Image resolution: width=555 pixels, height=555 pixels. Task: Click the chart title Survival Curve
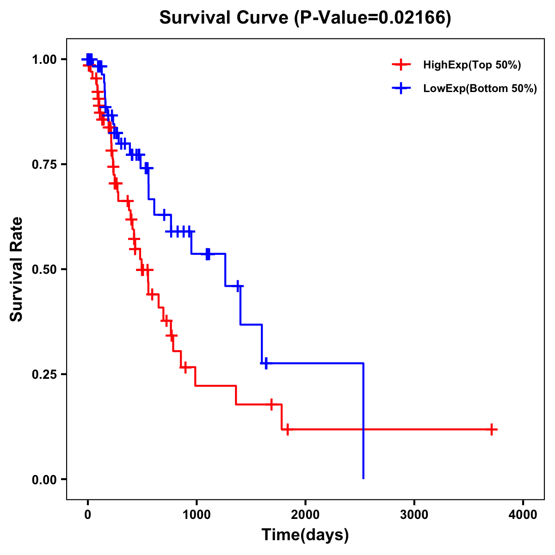(225, 18)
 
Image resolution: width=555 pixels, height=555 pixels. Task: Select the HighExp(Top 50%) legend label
(472, 65)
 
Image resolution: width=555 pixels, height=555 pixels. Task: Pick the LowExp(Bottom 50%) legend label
(480, 89)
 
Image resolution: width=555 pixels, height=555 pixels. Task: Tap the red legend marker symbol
(401, 65)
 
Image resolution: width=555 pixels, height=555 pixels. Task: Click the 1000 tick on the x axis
(196, 515)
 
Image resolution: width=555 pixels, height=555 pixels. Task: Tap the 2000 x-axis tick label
(305, 515)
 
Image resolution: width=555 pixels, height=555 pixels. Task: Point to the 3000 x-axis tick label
(414, 515)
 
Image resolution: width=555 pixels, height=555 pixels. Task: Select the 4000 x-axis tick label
(523, 515)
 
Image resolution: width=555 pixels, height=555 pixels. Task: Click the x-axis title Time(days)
(305, 535)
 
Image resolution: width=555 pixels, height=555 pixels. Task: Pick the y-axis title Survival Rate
(17, 269)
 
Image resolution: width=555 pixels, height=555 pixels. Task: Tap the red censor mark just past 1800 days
(287, 429)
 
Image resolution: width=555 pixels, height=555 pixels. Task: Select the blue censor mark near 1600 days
(265, 364)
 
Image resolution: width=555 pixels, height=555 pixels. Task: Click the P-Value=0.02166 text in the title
(374, 18)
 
